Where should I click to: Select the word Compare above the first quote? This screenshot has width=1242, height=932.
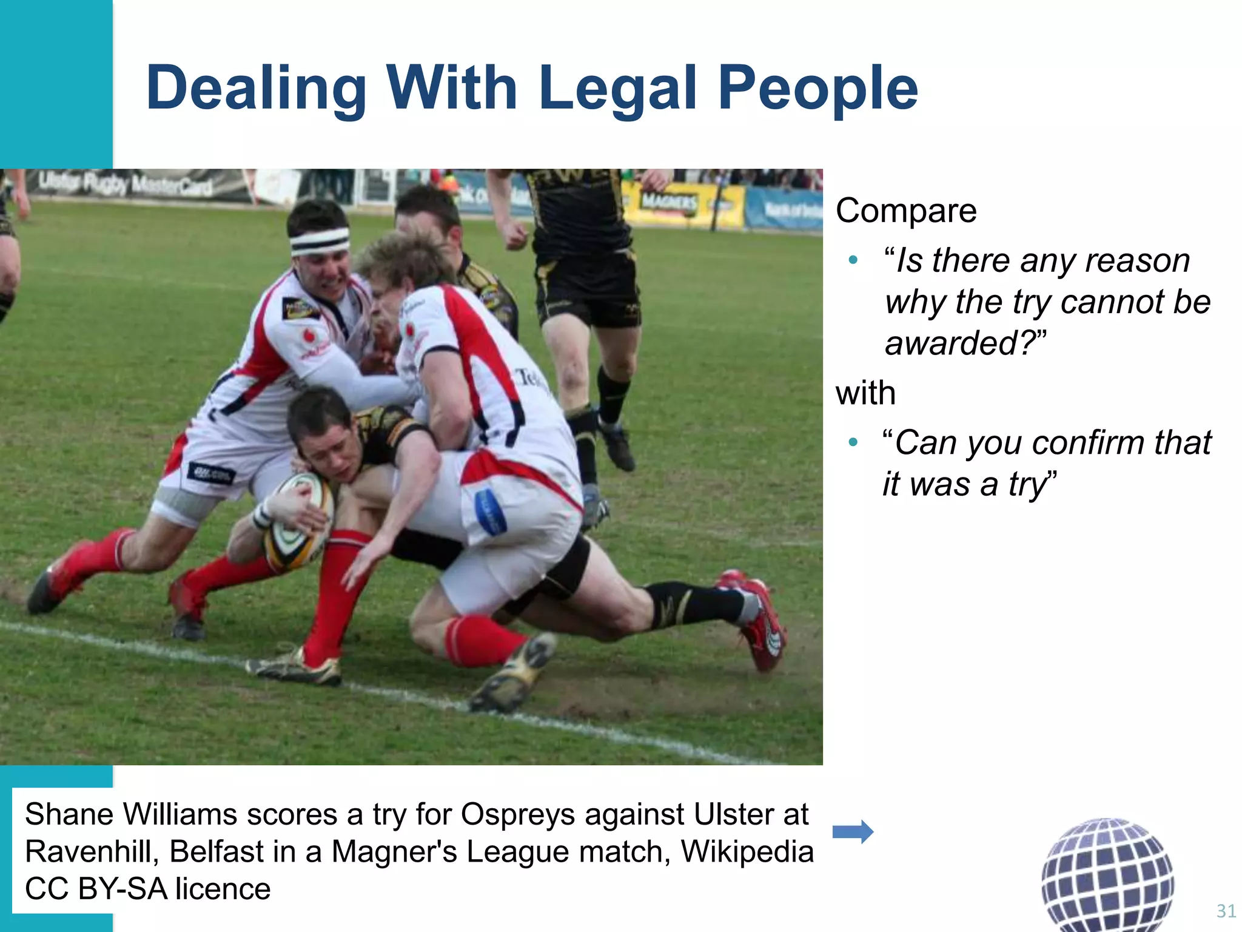point(906,211)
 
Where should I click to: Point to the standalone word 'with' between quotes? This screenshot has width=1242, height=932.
point(865,393)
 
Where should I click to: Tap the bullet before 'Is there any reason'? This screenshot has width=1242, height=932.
point(853,261)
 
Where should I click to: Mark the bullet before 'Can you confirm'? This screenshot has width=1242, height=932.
point(853,443)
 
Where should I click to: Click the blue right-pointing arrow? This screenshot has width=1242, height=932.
point(853,832)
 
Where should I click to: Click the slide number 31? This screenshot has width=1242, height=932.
point(1226,911)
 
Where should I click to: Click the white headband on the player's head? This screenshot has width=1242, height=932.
point(320,241)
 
